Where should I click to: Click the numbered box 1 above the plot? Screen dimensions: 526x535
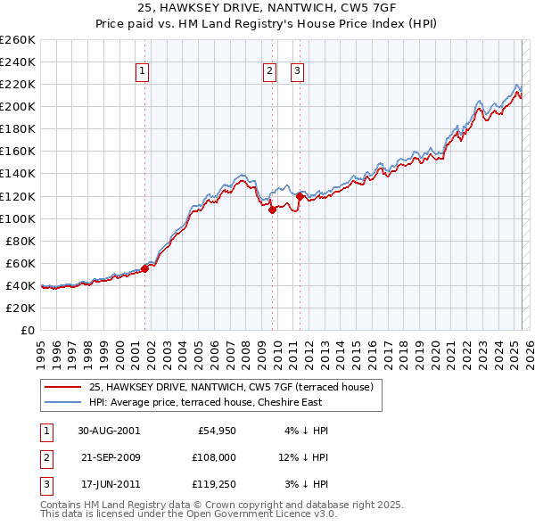(142, 73)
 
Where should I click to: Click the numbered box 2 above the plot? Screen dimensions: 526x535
(269, 73)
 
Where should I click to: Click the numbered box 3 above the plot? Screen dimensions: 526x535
(297, 73)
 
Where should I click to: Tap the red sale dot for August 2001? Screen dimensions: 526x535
(144, 267)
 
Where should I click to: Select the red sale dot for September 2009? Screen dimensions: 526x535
(273, 210)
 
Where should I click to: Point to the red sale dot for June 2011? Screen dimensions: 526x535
(300, 196)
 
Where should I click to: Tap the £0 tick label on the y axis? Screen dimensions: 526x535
(27, 330)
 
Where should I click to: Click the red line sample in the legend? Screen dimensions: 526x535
(63, 387)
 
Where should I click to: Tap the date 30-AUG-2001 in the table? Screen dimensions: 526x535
(109, 431)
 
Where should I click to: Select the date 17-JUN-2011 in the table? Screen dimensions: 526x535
(109, 485)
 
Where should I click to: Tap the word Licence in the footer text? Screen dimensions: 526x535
(287, 514)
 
